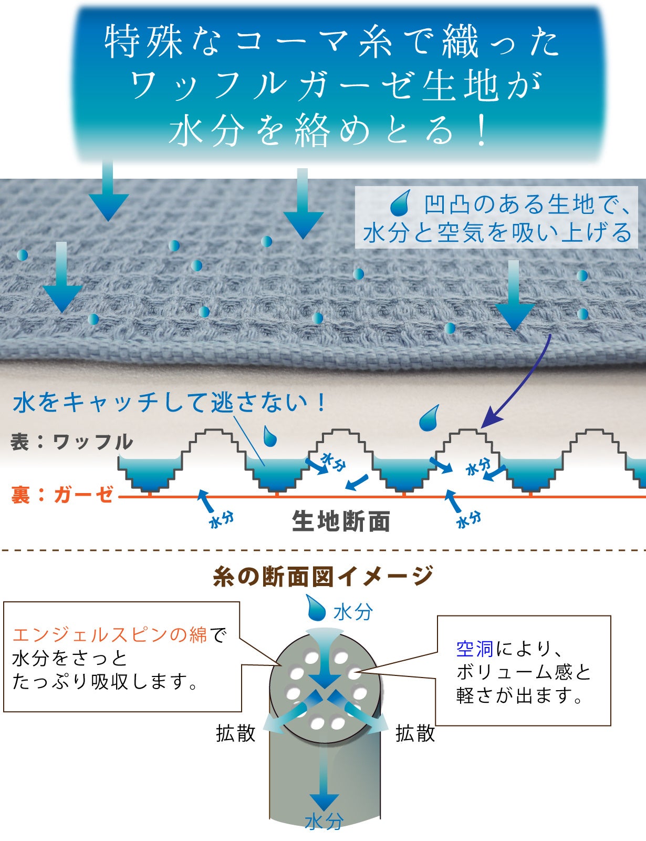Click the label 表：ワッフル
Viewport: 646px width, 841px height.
[x=72, y=442]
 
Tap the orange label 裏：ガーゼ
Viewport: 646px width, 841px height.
[x=62, y=495]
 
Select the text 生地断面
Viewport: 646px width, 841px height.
[x=341, y=521]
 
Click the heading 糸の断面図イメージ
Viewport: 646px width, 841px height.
[x=323, y=576]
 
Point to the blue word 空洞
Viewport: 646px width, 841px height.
[x=474, y=649]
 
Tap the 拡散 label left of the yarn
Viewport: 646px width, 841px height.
[x=235, y=733]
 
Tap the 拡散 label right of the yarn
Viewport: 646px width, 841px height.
[x=415, y=733]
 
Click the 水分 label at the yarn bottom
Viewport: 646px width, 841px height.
[x=324, y=822]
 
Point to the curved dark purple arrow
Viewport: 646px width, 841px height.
[x=525, y=384]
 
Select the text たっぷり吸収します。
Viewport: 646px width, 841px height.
[x=105, y=682]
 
